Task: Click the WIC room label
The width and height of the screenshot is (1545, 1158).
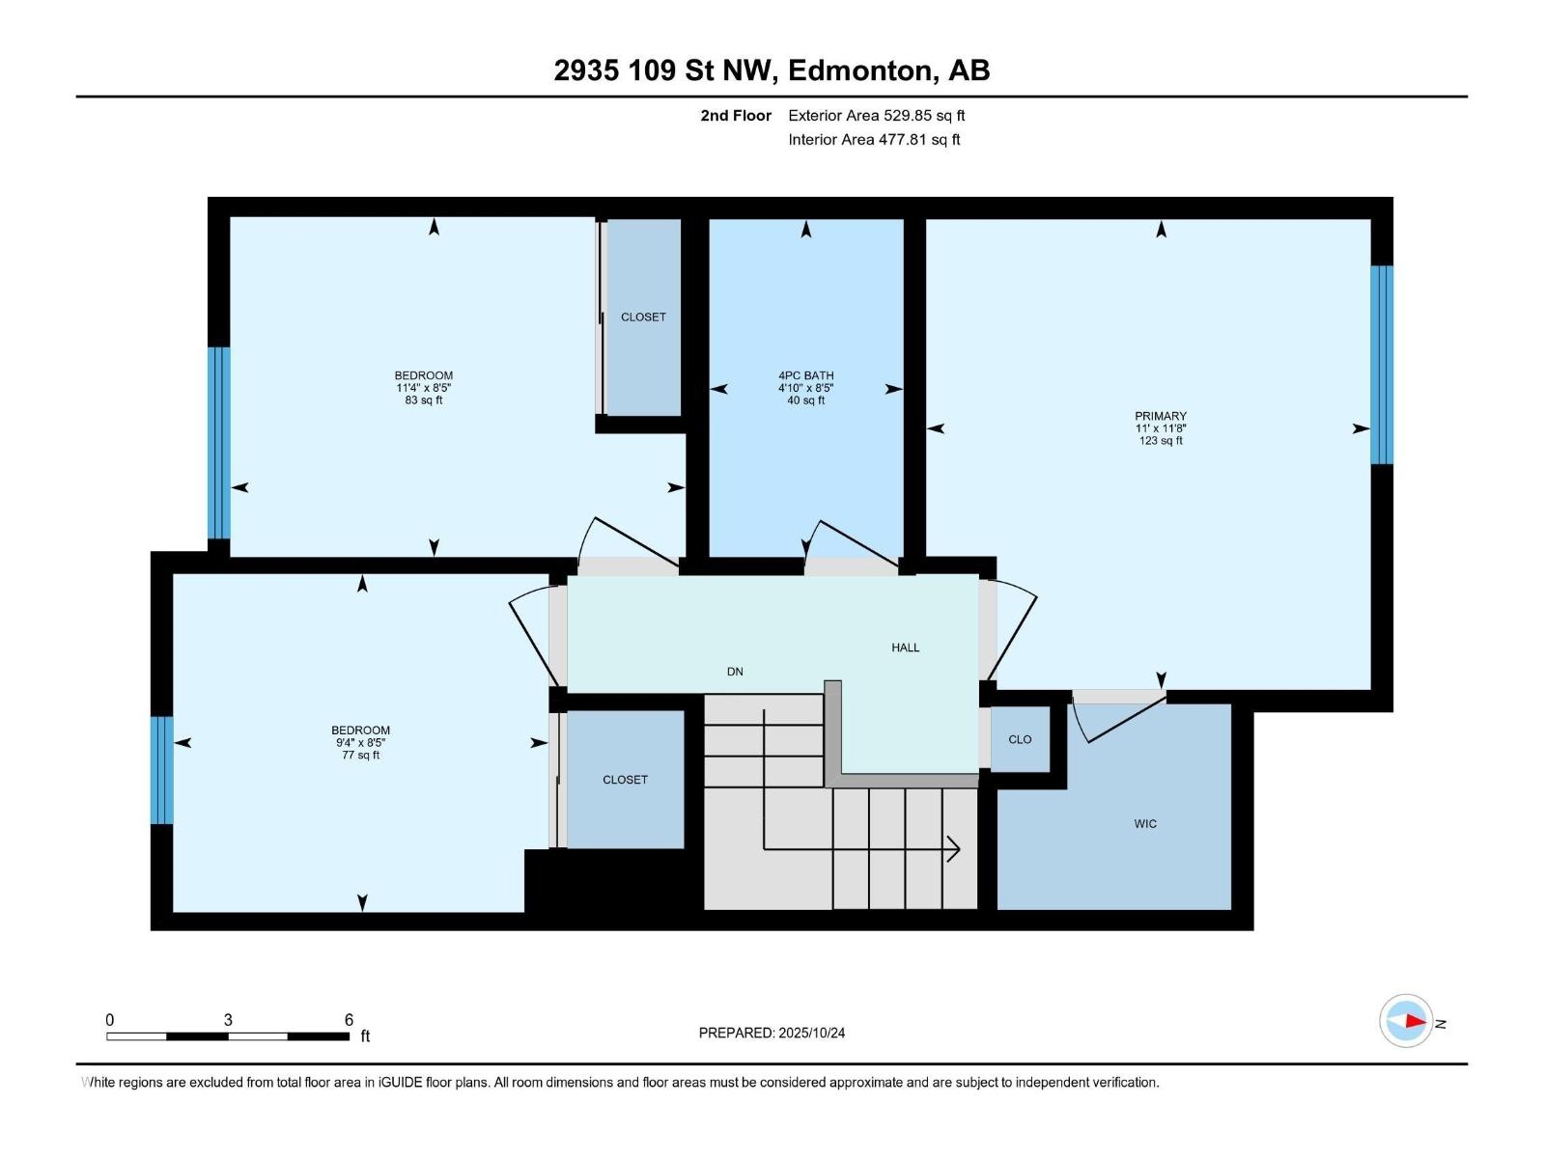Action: coord(1145,824)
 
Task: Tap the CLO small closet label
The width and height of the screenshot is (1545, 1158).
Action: coord(1020,739)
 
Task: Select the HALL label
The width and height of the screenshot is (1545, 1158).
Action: coord(905,648)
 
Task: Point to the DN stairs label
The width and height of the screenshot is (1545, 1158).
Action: coord(735,672)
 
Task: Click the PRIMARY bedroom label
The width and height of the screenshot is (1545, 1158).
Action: coord(1161,416)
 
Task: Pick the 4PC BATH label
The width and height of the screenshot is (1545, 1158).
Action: coord(806,375)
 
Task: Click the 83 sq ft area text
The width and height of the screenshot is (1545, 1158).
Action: coord(424,400)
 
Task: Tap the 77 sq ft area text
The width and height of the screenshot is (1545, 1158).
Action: coord(360,756)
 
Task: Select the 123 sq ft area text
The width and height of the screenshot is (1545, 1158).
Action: coord(1161,441)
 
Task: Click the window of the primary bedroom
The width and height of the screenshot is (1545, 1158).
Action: coord(1382,365)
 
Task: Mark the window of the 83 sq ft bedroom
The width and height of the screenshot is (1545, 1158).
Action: coord(219,443)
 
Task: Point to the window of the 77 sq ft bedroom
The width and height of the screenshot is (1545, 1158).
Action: coord(162,770)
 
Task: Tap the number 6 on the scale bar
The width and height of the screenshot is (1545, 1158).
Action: coord(349,1019)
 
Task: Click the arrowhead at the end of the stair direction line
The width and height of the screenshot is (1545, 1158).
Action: coord(954,848)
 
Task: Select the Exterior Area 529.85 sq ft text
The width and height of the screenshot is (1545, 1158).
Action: coord(877,115)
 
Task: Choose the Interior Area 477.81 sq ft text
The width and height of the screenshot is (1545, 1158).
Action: coord(874,139)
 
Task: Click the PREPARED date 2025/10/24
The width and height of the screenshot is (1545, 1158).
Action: coord(811,1033)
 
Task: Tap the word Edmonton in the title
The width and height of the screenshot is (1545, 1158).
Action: coord(861,71)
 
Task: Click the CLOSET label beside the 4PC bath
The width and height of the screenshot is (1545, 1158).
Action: coord(643,317)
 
